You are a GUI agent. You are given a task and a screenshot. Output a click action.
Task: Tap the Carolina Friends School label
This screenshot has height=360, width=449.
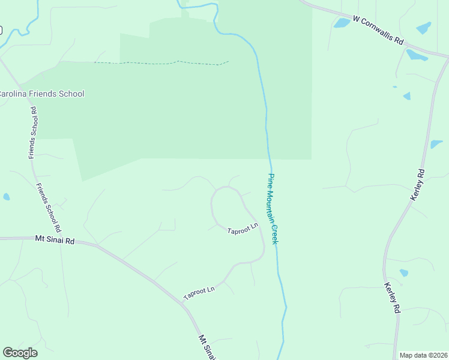tap(41, 94)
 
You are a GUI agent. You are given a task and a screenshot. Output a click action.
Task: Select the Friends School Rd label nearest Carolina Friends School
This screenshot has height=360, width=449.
tap(34, 133)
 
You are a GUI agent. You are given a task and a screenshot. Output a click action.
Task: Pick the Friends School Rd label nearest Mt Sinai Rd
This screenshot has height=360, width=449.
tap(49, 208)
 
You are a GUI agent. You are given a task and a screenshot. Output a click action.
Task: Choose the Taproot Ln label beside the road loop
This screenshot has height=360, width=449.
tap(242, 229)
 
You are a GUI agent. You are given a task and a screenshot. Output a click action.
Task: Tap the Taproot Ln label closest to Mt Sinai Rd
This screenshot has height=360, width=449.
tap(199, 293)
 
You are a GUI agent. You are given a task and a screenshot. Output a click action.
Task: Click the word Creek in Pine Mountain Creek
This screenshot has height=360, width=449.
tap(275, 233)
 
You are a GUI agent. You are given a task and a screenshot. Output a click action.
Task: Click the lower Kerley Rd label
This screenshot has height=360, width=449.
tap(391, 298)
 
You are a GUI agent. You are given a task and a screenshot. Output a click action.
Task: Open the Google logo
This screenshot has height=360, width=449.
tap(20, 353)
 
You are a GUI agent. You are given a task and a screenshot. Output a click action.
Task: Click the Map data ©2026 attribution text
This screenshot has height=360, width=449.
tap(423, 355)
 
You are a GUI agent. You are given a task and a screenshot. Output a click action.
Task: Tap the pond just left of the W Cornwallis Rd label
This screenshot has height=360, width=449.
tap(342, 23)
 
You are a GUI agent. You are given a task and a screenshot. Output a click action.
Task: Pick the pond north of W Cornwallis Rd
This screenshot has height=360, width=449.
tap(424, 28)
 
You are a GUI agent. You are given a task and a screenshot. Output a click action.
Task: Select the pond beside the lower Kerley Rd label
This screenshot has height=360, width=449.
tap(404, 273)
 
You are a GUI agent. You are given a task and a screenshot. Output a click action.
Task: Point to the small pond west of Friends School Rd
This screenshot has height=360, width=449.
tap(6, 197)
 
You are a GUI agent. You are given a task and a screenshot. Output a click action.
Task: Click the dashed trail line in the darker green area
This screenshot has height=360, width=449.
tap(162, 62)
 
